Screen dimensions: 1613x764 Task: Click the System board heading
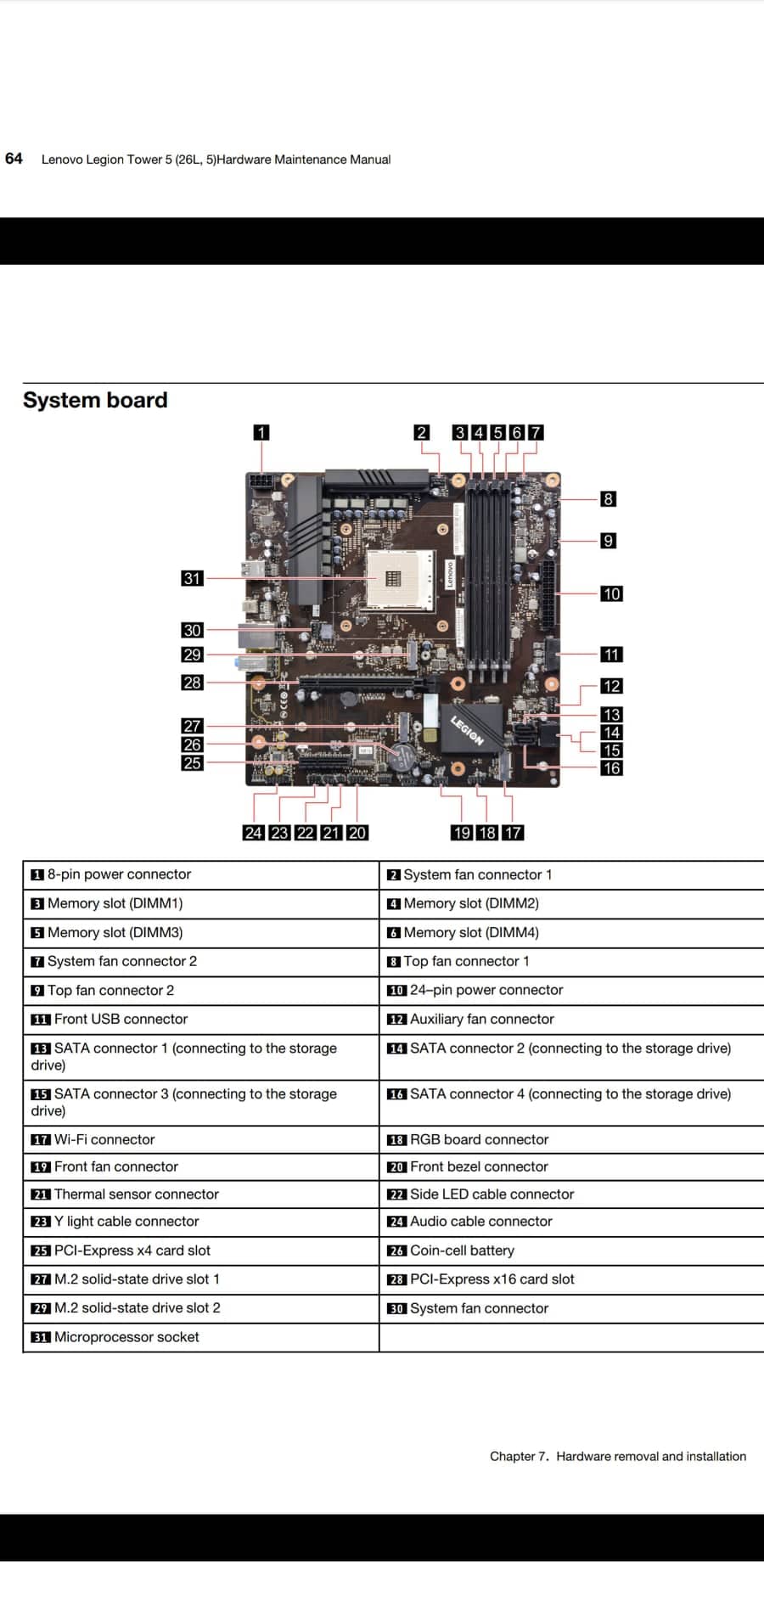click(x=95, y=400)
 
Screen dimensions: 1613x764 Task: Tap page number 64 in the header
click(x=14, y=159)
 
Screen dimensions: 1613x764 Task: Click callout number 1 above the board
click(x=261, y=432)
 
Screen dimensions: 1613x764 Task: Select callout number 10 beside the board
click(x=611, y=593)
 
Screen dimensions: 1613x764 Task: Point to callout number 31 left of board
click(x=193, y=578)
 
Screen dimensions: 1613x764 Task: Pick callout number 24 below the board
click(x=253, y=833)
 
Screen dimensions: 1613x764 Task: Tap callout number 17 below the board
click(x=513, y=833)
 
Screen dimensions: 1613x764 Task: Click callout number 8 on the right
click(x=608, y=499)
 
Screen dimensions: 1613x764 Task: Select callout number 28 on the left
click(x=193, y=682)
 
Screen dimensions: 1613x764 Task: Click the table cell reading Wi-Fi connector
click(x=104, y=1139)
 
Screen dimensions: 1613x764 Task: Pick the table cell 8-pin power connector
click(x=119, y=874)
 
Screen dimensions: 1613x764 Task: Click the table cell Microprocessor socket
click(x=126, y=1337)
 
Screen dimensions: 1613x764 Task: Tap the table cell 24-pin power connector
click(x=486, y=990)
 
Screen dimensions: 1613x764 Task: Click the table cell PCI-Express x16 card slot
click(x=492, y=1279)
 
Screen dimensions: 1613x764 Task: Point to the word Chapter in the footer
click(x=513, y=1456)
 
